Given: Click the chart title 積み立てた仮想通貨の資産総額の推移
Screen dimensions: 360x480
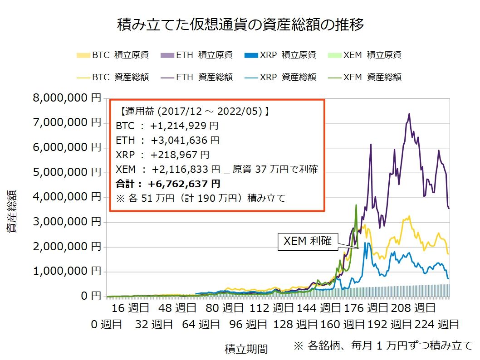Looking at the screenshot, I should [240, 24].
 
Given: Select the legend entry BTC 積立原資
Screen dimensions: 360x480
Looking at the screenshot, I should [113, 55].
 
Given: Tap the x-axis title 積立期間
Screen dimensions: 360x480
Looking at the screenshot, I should [246, 349].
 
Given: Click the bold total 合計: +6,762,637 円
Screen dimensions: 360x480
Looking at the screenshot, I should [168, 184].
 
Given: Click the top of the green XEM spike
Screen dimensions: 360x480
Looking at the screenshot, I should [356, 205].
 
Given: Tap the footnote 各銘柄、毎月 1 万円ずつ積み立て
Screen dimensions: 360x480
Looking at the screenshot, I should [383, 345].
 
